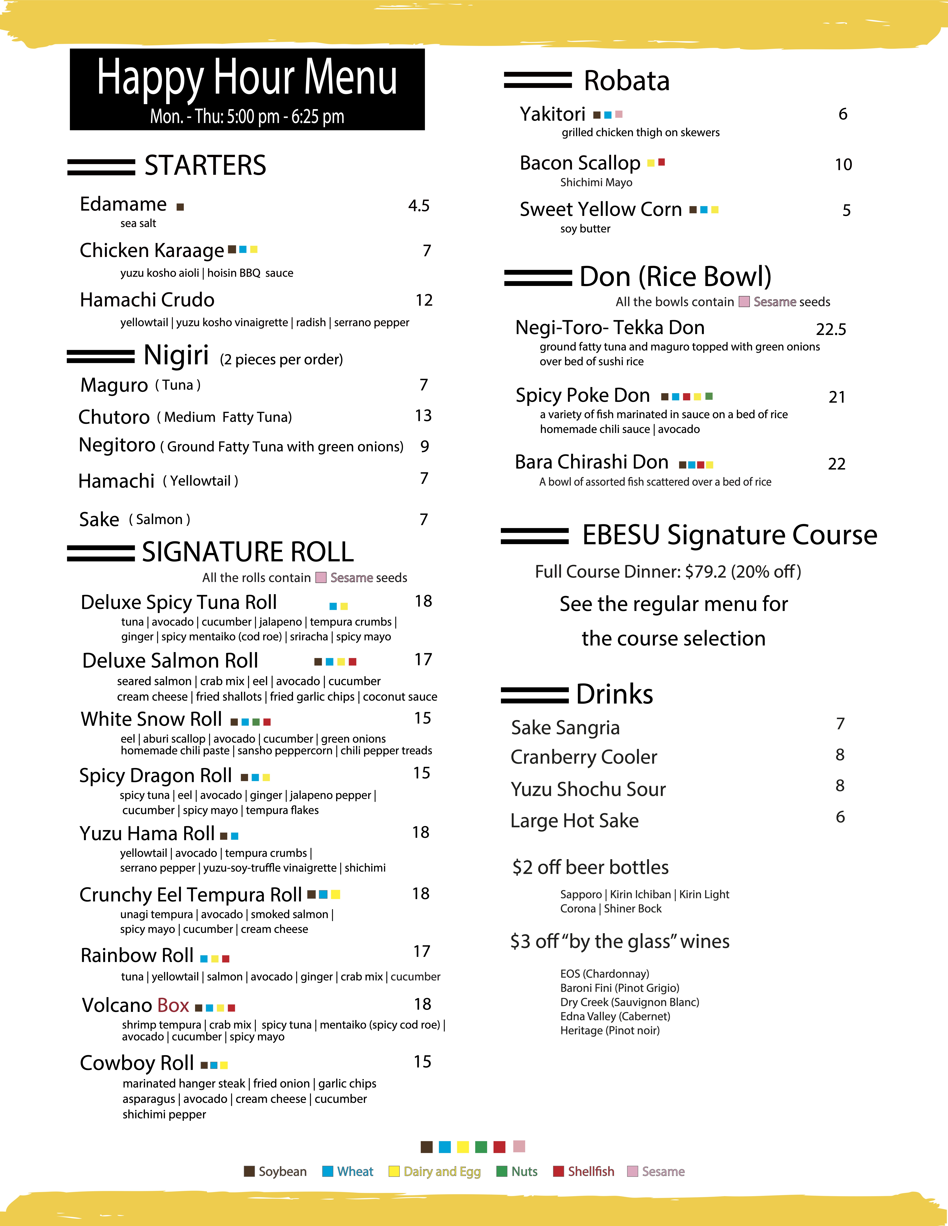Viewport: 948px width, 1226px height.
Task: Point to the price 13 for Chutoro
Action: pyautogui.click(x=423, y=415)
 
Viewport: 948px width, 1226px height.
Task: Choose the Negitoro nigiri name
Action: pyautogui.click(x=117, y=445)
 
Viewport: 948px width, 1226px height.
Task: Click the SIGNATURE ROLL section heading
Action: pyautogui.click(x=248, y=552)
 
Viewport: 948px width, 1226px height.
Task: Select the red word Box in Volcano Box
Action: pyautogui.click(x=173, y=1005)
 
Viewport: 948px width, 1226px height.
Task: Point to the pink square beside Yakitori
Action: pyautogui.click(x=619, y=115)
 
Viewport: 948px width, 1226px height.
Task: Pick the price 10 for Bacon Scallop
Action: pyautogui.click(x=843, y=165)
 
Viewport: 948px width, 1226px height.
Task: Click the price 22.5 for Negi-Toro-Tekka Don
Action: pyautogui.click(x=831, y=330)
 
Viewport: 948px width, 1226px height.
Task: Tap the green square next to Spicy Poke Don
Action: pyautogui.click(x=709, y=396)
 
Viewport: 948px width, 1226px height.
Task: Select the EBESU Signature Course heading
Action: pyautogui.click(x=729, y=535)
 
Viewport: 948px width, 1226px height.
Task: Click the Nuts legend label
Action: pyautogui.click(x=524, y=1172)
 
